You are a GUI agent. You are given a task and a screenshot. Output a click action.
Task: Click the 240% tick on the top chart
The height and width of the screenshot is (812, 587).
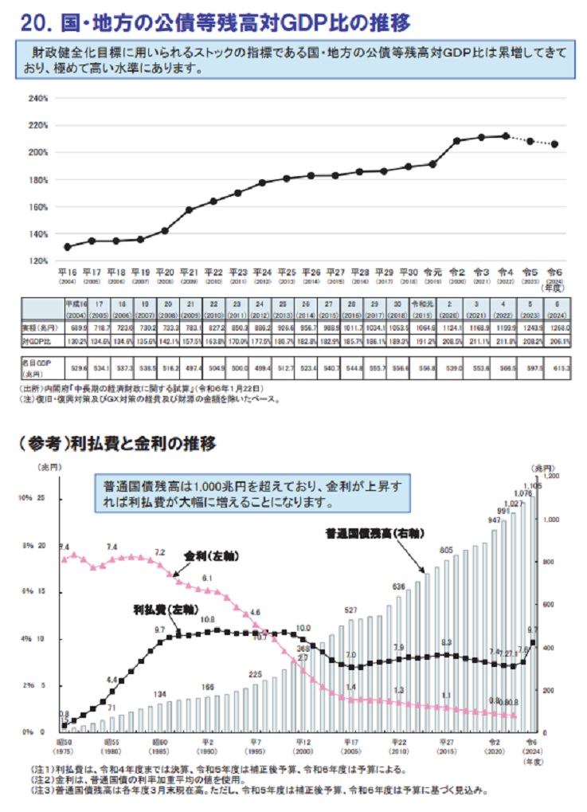[39, 99]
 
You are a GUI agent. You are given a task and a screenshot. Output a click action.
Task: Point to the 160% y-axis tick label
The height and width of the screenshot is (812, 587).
[39, 206]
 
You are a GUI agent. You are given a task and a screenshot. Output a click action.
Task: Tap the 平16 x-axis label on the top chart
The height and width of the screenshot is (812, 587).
[67, 272]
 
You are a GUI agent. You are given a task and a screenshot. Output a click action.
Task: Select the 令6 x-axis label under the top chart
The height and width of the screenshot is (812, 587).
[554, 272]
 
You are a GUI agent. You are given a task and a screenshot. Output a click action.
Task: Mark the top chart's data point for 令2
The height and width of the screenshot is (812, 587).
[457, 141]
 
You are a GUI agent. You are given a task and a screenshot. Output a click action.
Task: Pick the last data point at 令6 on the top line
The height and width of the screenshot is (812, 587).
[554, 144]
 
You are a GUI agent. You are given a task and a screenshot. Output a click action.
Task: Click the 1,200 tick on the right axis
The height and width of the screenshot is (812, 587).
[552, 476]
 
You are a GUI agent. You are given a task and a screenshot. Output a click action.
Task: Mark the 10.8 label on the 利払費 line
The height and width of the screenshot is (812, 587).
[207, 619]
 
